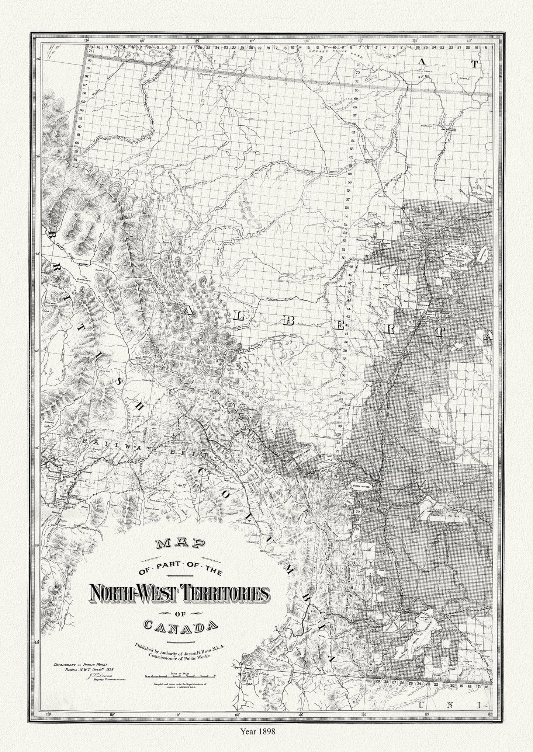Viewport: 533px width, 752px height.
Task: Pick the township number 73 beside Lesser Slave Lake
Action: point(357,64)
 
